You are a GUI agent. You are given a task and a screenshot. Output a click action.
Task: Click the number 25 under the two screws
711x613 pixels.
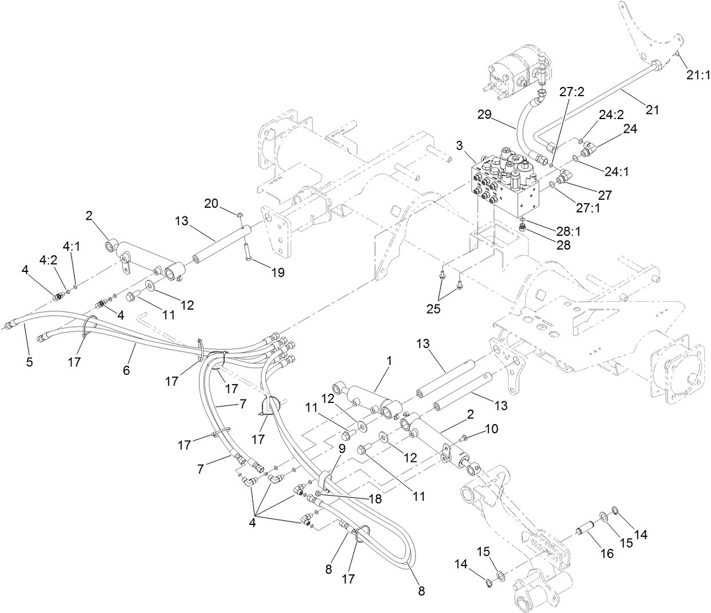[x=439, y=310]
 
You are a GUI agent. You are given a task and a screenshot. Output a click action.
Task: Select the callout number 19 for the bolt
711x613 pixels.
[x=277, y=273]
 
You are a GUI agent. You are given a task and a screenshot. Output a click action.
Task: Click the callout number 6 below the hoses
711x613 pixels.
[x=126, y=370]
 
